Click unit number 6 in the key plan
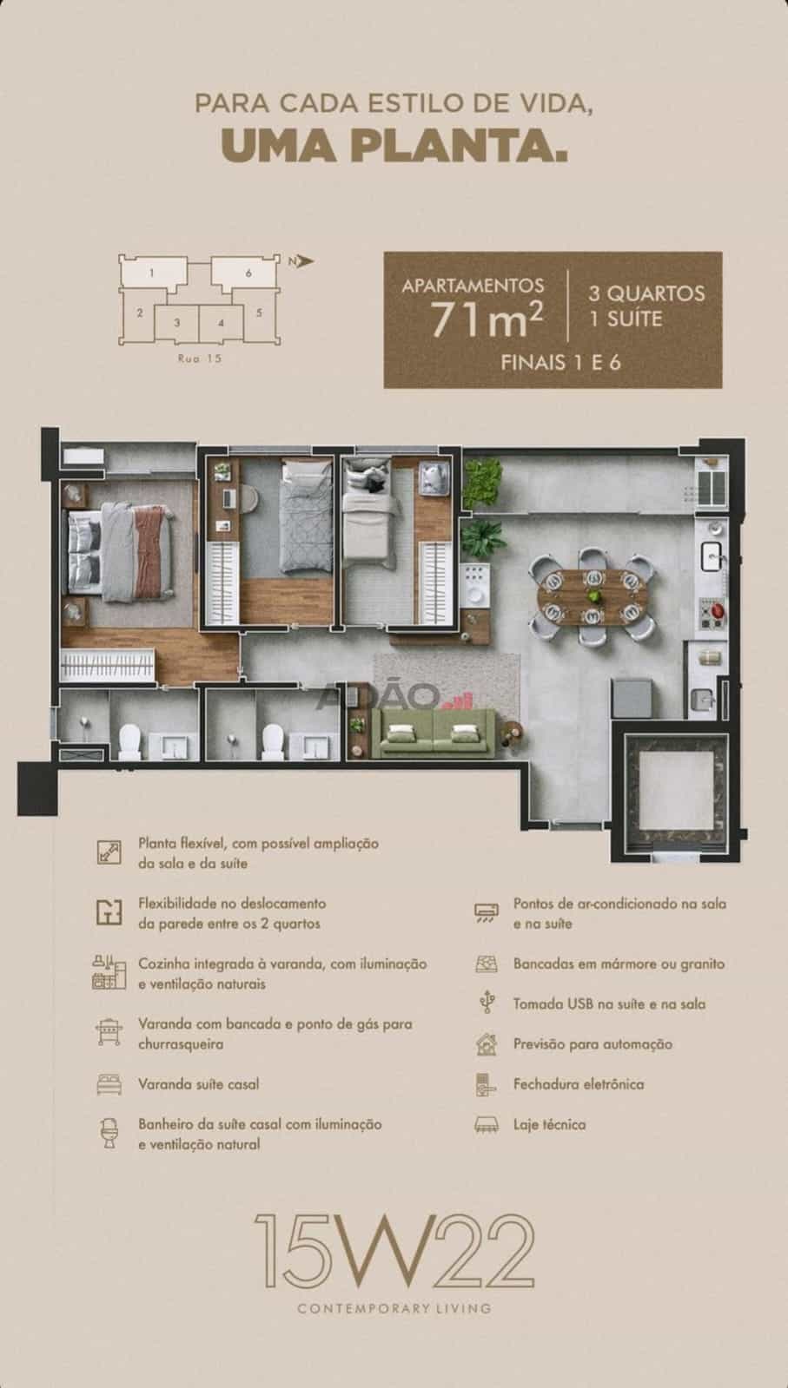click(x=248, y=273)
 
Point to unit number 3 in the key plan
click(x=177, y=322)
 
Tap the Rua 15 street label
click(x=200, y=359)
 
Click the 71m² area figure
click(x=487, y=319)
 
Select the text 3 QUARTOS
click(x=646, y=293)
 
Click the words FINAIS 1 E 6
click(x=560, y=363)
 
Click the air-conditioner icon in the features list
click(x=486, y=912)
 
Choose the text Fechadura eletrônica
click(x=579, y=1084)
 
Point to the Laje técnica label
click(x=549, y=1124)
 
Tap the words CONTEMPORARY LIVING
click(x=394, y=1309)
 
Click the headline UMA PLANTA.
click(x=394, y=145)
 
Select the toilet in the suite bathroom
click(x=129, y=741)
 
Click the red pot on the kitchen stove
click(x=718, y=611)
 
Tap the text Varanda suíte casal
click(x=198, y=1084)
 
